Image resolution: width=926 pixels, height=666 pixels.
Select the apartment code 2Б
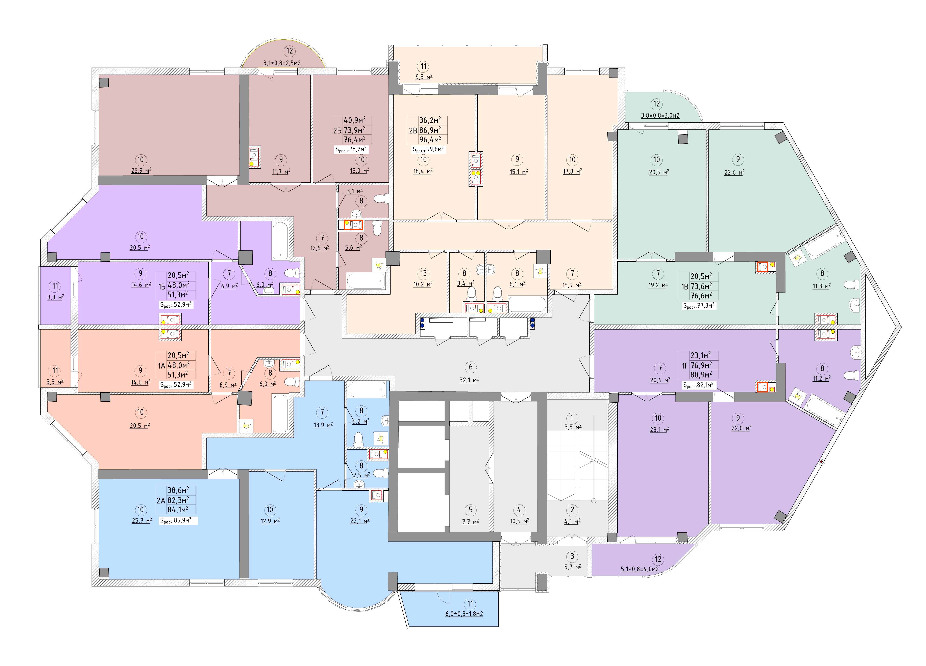[x=337, y=130]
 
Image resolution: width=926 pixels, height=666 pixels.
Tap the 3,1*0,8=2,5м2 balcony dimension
[x=282, y=63]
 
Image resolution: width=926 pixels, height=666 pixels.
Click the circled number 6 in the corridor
[x=470, y=367]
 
